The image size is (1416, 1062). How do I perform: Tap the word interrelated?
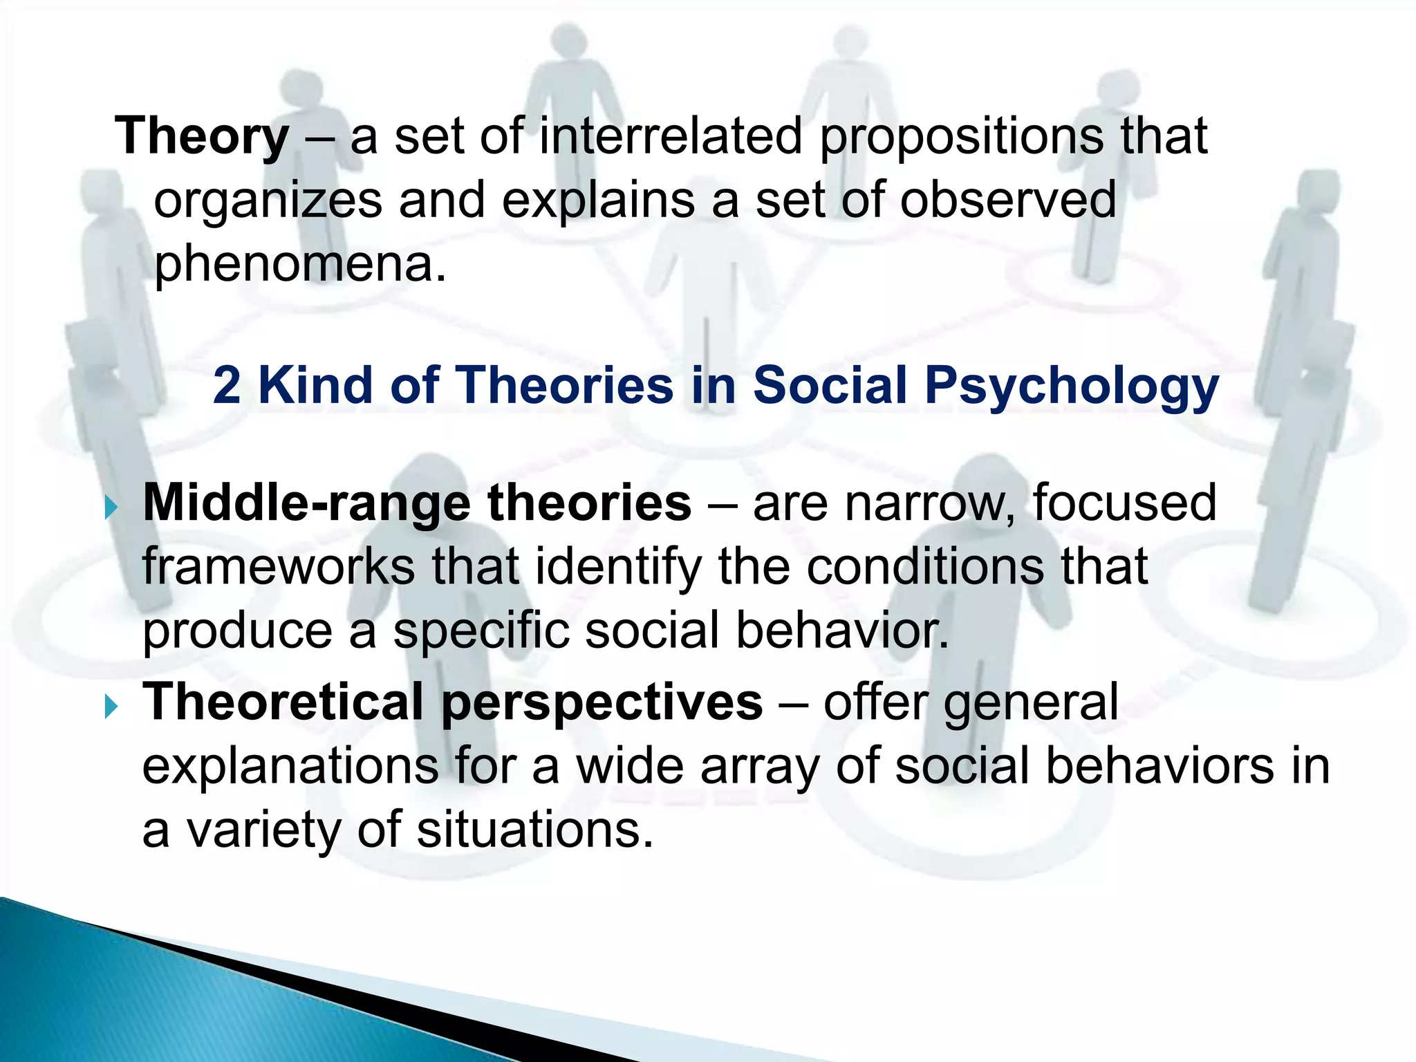coord(670,136)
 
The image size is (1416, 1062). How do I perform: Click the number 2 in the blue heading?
coord(227,385)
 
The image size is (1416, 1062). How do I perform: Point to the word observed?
coord(1007,201)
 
